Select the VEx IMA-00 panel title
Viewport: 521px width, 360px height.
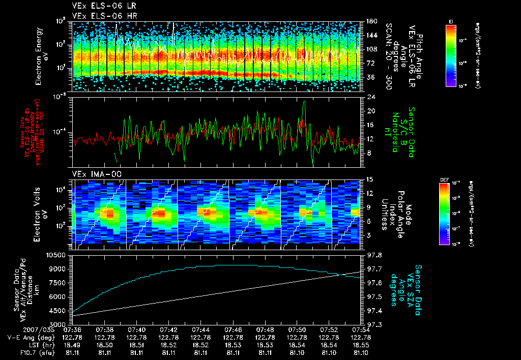point(93,174)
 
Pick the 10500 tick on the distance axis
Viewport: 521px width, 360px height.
point(56,254)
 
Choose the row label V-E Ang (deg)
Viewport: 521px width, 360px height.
point(28,337)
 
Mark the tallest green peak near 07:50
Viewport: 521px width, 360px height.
point(304,102)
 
